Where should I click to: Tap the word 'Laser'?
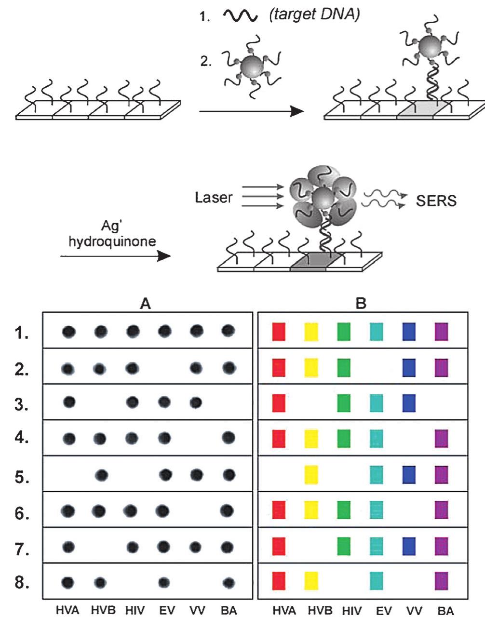click(x=214, y=197)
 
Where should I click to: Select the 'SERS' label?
click(x=436, y=200)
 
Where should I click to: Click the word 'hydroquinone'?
click(x=113, y=241)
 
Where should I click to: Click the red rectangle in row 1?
click(x=279, y=332)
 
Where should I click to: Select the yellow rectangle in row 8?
click(x=311, y=581)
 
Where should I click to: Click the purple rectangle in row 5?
click(x=442, y=475)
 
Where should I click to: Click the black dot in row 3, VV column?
click(x=195, y=402)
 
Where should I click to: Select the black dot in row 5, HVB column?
click(x=101, y=475)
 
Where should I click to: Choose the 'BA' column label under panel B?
click(x=445, y=611)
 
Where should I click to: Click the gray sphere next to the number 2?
click(x=250, y=66)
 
